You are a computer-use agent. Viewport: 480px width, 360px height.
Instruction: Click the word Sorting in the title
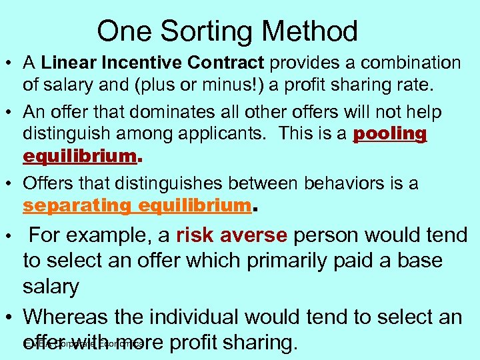click(x=208, y=31)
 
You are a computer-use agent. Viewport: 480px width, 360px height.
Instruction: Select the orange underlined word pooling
click(x=389, y=134)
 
